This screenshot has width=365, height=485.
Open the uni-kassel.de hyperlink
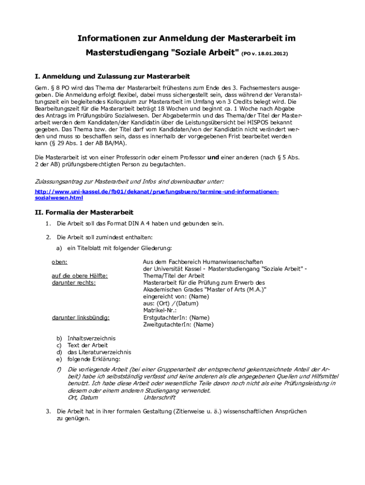(157, 194)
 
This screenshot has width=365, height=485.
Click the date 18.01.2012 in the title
(270, 54)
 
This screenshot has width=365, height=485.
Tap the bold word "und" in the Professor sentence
(213, 158)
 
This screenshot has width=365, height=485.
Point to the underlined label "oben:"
(59, 261)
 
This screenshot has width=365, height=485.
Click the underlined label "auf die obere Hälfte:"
(80, 276)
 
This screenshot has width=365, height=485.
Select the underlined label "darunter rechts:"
(73, 283)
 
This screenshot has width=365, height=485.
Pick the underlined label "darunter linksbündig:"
(81, 318)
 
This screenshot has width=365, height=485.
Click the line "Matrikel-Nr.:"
(160, 311)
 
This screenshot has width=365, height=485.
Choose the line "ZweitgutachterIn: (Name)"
(178, 325)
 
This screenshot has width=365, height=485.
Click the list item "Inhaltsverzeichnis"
(91, 339)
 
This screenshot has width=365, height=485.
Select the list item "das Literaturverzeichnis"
(99, 352)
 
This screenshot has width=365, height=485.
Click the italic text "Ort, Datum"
(83, 398)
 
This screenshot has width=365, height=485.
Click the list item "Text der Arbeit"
(88, 346)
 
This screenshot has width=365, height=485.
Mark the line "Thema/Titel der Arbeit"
(173, 276)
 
